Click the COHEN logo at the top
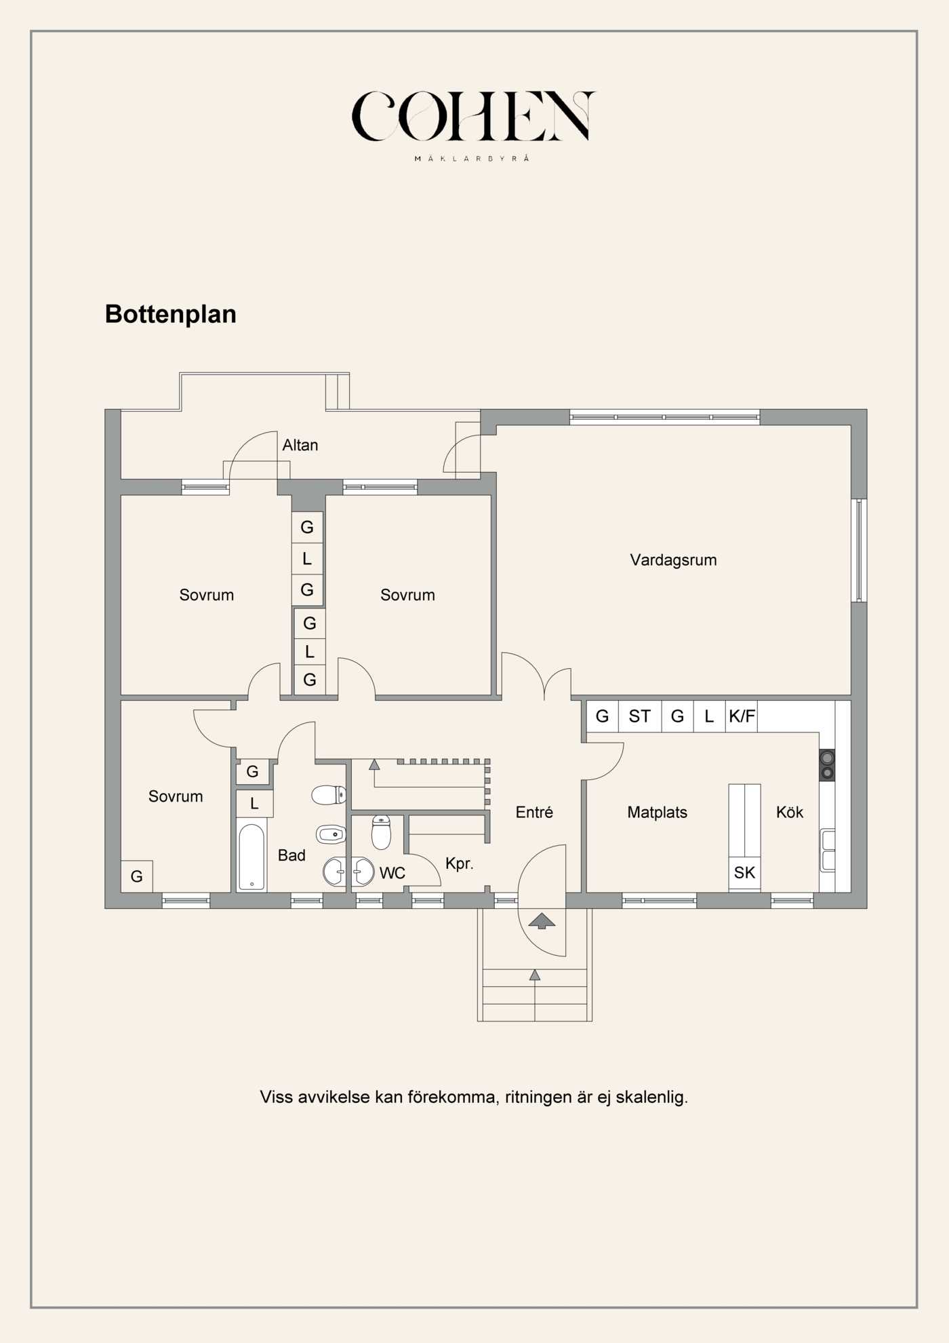point(472,117)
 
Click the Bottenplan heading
point(170,314)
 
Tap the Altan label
point(300,445)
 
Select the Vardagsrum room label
point(673,560)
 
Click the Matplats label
point(657,812)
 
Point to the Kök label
point(789,812)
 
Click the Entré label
point(534,812)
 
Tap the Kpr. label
point(459,863)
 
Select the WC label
point(392,873)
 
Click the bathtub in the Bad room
point(251,856)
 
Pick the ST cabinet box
point(639,716)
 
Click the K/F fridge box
point(742,716)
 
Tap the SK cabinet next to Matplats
point(744,873)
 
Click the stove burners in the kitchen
point(827,765)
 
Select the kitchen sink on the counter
point(828,850)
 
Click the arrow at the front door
point(542,921)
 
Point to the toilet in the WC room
point(381,833)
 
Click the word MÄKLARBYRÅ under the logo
point(472,159)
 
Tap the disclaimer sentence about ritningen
point(474,1097)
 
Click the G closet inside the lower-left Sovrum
point(136,876)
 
